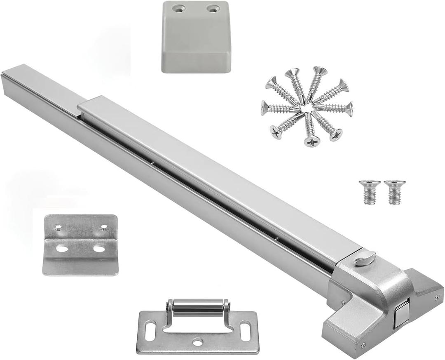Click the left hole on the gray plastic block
(x=178, y=8)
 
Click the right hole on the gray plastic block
(x=213, y=8)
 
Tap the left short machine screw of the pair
(x=370, y=191)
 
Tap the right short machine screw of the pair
(x=395, y=191)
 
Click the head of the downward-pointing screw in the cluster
(x=312, y=141)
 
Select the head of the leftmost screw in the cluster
(x=265, y=108)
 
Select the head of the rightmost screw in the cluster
(x=349, y=108)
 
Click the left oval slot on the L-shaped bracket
(x=62, y=248)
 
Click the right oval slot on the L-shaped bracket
(x=99, y=248)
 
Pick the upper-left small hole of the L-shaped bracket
(x=59, y=227)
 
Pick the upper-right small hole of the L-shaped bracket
(x=104, y=227)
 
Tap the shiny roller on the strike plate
(x=198, y=308)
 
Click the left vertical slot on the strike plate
(x=150, y=331)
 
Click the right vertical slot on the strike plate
(x=246, y=331)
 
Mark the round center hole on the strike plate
(x=198, y=342)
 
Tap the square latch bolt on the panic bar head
(x=401, y=314)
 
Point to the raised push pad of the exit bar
(x=214, y=173)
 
